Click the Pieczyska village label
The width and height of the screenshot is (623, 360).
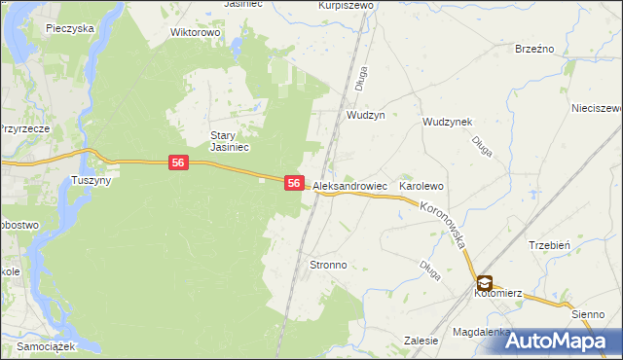coord(69,29)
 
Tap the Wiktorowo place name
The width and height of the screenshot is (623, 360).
coord(196,32)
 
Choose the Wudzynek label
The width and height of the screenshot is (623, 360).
coord(447,122)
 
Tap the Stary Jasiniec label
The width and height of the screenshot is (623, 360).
coord(231,141)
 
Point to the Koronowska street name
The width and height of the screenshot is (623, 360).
coord(447,225)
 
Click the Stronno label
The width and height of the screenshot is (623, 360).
coord(328,265)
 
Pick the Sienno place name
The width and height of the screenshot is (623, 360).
coord(588,314)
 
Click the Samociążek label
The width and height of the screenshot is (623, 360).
coord(47,347)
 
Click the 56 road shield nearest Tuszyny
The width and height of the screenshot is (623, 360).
coord(177,162)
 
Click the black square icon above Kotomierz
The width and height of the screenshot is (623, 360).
coord(485,282)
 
